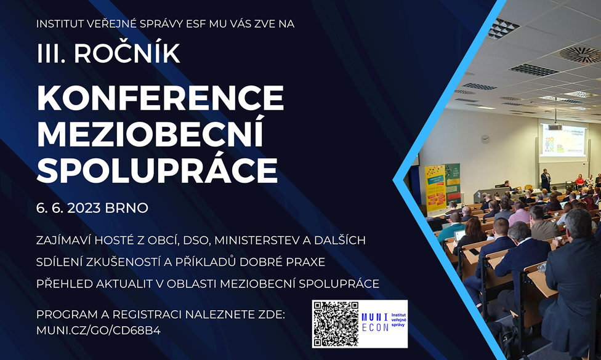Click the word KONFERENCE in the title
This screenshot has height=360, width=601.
(160, 98)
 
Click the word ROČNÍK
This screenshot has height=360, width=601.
(127, 52)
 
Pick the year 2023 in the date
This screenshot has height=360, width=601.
(84, 208)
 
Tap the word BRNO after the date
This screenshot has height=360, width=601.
(126, 208)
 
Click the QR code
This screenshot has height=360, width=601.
(336, 324)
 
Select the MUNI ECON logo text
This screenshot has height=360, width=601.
(375, 322)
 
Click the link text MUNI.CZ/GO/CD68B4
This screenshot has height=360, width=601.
(99, 330)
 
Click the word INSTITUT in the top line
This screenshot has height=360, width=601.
(60, 24)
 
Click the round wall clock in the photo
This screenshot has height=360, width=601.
(485, 139)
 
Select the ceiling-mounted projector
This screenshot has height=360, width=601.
(555, 127)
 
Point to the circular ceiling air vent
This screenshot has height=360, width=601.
(580, 54)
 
